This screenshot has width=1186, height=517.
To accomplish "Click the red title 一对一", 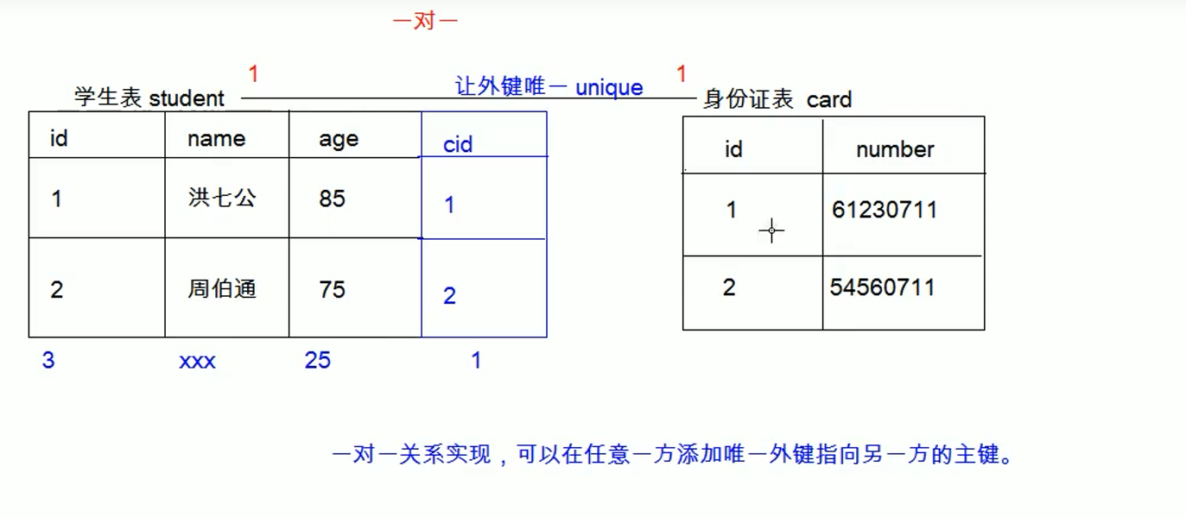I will [x=424, y=22].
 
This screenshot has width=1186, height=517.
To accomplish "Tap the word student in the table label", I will [x=187, y=98].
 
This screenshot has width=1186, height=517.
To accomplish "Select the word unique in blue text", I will [x=609, y=87].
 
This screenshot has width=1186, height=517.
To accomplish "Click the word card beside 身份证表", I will [x=829, y=100].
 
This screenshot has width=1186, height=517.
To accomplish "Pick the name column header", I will [x=216, y=139].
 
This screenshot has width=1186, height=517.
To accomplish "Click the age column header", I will [x=339, y=140].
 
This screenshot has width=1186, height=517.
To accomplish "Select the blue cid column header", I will [x=458, y=144].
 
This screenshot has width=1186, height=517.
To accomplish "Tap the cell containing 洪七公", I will [x=222, y=198].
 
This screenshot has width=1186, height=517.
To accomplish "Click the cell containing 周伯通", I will [x=222, y=288].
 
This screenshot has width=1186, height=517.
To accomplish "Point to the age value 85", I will [x=332, y=199].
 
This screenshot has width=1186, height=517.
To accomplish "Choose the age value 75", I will [x=332, y=289].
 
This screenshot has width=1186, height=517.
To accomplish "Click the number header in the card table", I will [x=895, y=149].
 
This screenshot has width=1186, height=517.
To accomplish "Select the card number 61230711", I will [x=885, y=210].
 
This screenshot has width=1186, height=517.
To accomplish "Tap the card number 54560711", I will [x=883, y=287].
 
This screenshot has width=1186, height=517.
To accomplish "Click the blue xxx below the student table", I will [x=197, y=361].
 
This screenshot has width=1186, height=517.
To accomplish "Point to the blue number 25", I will [x=317, y=360].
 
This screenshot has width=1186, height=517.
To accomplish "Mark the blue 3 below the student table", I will [x=48, y=360].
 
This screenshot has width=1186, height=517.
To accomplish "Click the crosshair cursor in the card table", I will [x=771, y=230].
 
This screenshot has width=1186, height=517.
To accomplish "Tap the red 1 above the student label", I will [x=253, y=75].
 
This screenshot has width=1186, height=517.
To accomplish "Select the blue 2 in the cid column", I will [x=449, y=296].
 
